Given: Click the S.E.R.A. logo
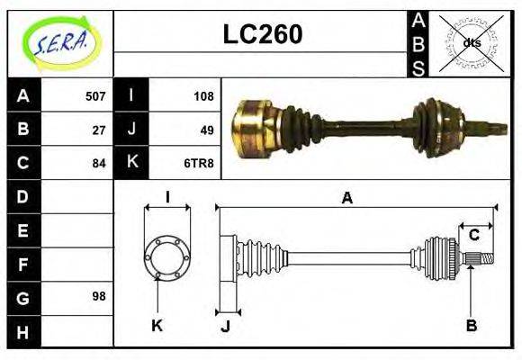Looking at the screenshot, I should pos(60,43).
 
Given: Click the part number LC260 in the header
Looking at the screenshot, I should pos(262,35).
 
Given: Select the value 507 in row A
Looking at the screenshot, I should pos(95,95).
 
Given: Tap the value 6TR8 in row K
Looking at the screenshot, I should pos(199,163).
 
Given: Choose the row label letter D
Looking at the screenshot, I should pos(23,196).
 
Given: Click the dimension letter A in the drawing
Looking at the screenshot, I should pos(346,198).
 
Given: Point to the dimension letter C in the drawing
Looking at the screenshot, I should pos(473,236).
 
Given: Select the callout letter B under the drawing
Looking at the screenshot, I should pos(471,325).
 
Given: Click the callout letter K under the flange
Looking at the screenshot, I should pos(156,325).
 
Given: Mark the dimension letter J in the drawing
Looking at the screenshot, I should pos(225,327).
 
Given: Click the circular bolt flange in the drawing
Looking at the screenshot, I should pos(167,257).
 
